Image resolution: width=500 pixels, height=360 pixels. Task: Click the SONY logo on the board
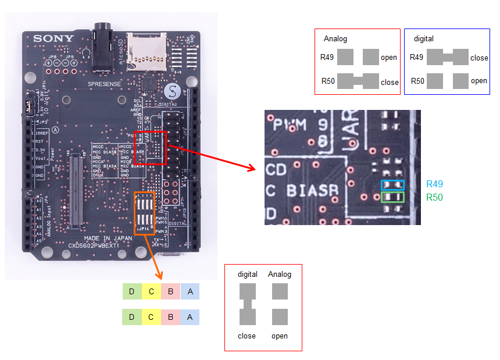pos(53,39)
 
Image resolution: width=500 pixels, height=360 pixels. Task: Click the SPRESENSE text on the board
pos(104,84)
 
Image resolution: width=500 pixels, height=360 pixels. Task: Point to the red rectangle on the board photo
pos(150,148)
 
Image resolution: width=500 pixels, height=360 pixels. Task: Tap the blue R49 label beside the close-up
pos(434,184)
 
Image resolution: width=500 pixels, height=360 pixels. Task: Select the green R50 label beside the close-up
pos(434,197)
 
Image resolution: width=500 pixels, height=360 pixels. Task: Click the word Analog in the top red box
pos(335,39)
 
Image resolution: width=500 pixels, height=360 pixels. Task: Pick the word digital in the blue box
pos(423,39)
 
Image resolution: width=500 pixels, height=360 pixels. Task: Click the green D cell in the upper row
pos(132,291)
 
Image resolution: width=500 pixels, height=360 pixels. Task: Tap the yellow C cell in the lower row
pos(151,317)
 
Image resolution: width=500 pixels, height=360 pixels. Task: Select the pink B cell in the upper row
pos(170,291)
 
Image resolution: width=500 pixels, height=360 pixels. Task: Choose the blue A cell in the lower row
pos(190,317)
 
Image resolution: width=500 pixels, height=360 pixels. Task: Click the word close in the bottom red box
pos(247,336)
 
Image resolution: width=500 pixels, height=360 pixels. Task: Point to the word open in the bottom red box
pos(280,336)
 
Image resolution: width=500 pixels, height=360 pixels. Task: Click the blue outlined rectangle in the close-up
pos(392,185)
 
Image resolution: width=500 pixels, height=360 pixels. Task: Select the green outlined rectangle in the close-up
pos(392,197)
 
